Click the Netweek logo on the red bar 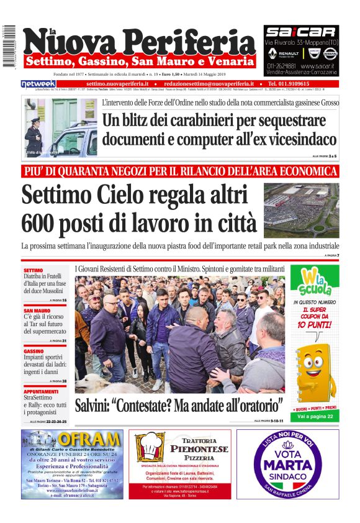[x=38, y=83]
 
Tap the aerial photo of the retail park [x=301, y=210]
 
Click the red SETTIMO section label [x=34, y=271]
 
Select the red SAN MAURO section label [x=37, y=310]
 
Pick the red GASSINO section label [x=34, y=350]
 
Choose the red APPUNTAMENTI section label [x=41, y=391]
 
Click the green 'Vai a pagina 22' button [x=314, y=416]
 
